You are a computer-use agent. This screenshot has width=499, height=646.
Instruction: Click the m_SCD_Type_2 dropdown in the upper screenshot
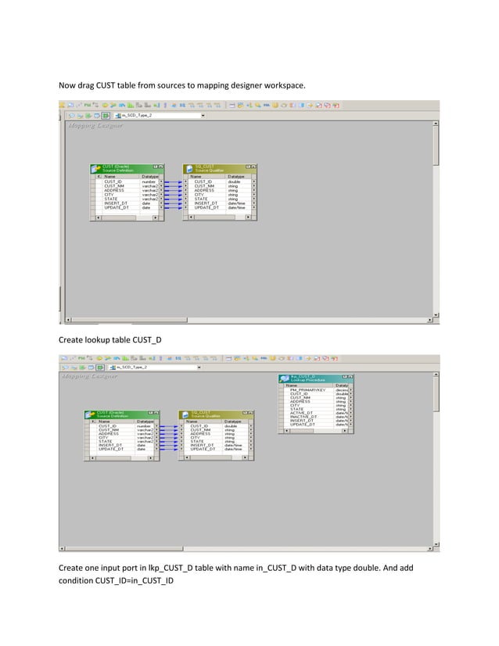coord(156,115)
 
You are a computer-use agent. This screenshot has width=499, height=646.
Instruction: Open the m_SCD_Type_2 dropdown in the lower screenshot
coord(156,367)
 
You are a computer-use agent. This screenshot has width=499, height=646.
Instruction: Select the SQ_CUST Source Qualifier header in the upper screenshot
coord(218,169)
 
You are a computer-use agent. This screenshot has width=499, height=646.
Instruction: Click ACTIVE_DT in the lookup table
coord(302,412)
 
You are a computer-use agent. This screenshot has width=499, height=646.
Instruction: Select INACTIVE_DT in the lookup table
coord(303,417)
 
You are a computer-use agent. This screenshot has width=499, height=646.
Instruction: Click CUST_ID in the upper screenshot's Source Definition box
coord(113,181)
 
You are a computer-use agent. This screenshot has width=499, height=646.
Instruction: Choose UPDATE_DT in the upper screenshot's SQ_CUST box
coord(206,208)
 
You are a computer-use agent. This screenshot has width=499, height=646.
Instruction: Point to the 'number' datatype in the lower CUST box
coord(144,426)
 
